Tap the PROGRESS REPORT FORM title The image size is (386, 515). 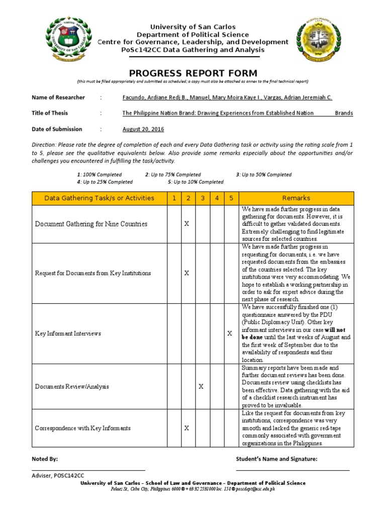point(193,73)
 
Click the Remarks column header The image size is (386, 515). point(296,198)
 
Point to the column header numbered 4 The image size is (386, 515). point(217,198)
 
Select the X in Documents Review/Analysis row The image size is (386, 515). point(201,387)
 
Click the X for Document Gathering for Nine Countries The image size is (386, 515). point(186,224)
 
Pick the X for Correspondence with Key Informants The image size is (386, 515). point(186,428)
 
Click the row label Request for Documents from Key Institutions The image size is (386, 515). point(92,273)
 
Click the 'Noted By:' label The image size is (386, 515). point(45,459)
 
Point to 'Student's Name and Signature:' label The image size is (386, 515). point(276,459)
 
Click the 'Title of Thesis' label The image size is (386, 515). point(50,113)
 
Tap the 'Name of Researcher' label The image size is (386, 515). point(58,98)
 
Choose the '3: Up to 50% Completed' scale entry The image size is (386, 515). point(263,175)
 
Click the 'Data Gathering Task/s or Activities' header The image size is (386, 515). point(100,198)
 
